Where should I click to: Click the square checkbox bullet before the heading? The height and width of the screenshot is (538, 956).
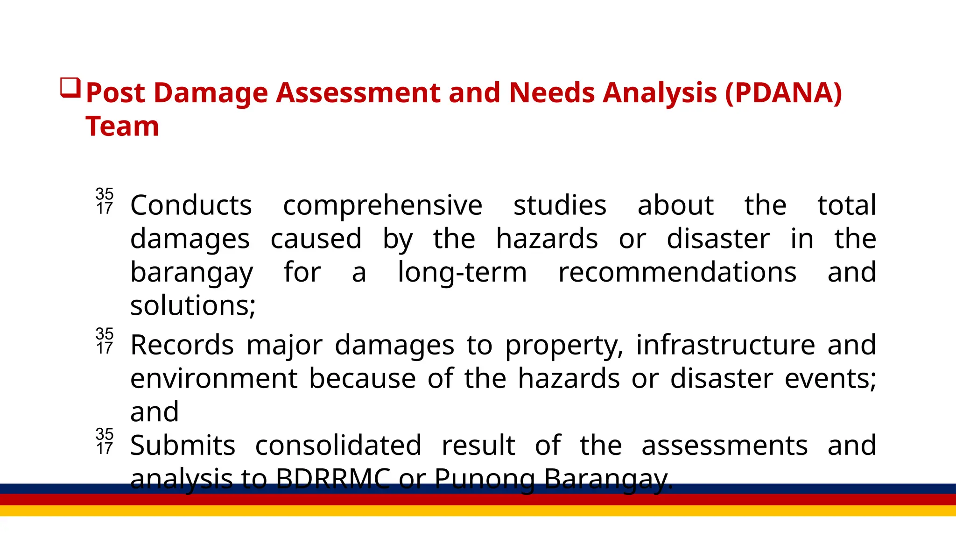click(x=70, y=88)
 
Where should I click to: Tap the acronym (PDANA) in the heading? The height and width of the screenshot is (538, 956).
click(x=784, y=92)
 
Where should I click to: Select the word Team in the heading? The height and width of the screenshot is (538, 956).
click(x=122, y=126)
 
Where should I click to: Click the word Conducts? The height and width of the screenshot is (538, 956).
click(x=191, y=205)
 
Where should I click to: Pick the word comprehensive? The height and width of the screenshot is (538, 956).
click(x=382, y=205)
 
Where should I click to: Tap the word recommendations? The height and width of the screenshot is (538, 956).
click(x=677, y=272)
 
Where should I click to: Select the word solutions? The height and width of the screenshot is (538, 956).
click(x=193, y=306)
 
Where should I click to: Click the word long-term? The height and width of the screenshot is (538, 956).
click(x=462, y=272)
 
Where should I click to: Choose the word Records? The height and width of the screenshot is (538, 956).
click(x=182, y=345)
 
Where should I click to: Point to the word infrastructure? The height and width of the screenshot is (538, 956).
click(x=725, y=345)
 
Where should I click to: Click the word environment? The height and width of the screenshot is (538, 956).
click(x=214, y=378)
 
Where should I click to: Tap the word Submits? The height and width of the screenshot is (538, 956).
click(x=183, y=446)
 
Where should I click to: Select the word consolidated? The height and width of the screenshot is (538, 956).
click(x=338, y=446)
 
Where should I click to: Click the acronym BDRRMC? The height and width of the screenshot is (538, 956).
click(x=333, y=479)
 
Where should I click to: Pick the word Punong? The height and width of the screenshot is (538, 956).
click(x=485, y=479)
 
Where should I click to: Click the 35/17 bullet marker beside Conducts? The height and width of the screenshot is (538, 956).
click(x=105, y=201)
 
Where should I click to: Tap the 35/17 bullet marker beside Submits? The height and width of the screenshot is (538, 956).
click(x=105, y=441)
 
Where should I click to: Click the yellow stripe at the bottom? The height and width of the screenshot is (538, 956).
click(x=478, y=510)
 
